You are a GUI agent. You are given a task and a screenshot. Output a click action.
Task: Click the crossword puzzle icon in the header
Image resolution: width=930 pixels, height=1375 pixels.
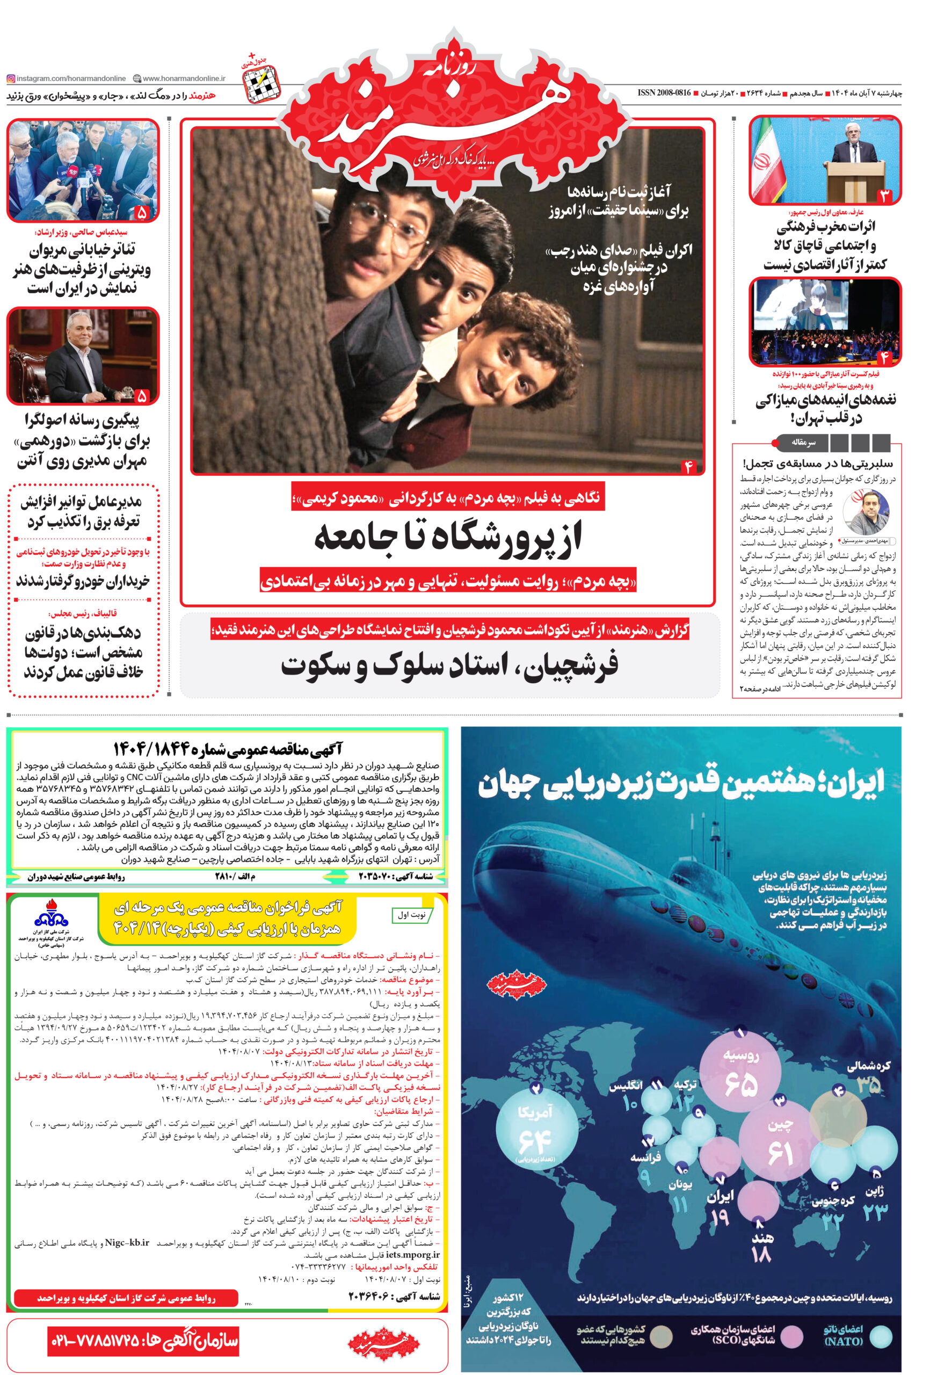(261, 81)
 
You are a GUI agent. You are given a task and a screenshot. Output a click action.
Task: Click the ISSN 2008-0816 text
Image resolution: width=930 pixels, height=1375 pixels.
(664, 93)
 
